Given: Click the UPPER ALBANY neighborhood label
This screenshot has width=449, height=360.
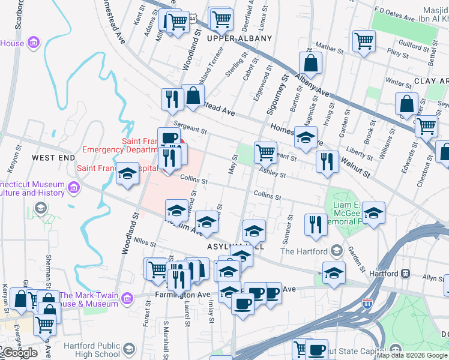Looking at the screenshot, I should pos(240,38).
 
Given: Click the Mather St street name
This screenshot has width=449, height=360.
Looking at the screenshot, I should pos(328,46).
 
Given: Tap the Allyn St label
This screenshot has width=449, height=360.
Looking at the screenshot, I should pos(432,278).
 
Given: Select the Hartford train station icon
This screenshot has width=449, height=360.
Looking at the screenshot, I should pos(406,274).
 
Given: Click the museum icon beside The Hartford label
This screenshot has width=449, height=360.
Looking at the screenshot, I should pos(336,251).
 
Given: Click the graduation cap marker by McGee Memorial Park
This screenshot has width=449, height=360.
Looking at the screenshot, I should pos(373,214).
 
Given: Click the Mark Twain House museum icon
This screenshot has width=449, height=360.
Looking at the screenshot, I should pos(127,298).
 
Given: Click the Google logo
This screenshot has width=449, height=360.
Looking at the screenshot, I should pos(19,353).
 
